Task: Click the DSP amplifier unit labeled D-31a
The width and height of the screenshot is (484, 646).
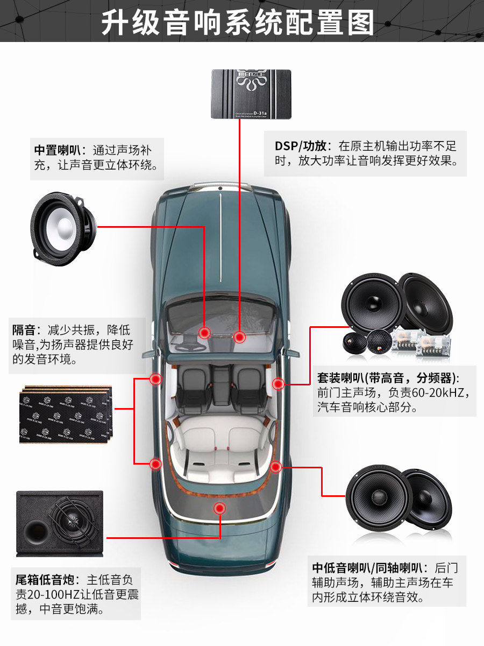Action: click(x=251, y=94)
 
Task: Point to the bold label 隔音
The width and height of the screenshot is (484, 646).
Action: click(x=24, y=329)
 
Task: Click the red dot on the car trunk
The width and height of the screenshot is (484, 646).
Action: click(x=219, y=508)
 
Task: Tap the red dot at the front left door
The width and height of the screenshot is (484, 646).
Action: click(x=155, y=379)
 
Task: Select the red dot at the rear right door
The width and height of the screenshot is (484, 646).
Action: click(x=276, y=467)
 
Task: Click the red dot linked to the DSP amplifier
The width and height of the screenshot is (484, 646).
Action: click(x=239, y=337)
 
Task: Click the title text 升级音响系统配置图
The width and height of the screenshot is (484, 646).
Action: click(x=242, y=22)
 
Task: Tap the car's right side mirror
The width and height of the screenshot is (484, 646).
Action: click(x=292, y=354)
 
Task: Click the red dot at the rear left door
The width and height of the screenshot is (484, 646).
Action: click(x=155, y=464)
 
